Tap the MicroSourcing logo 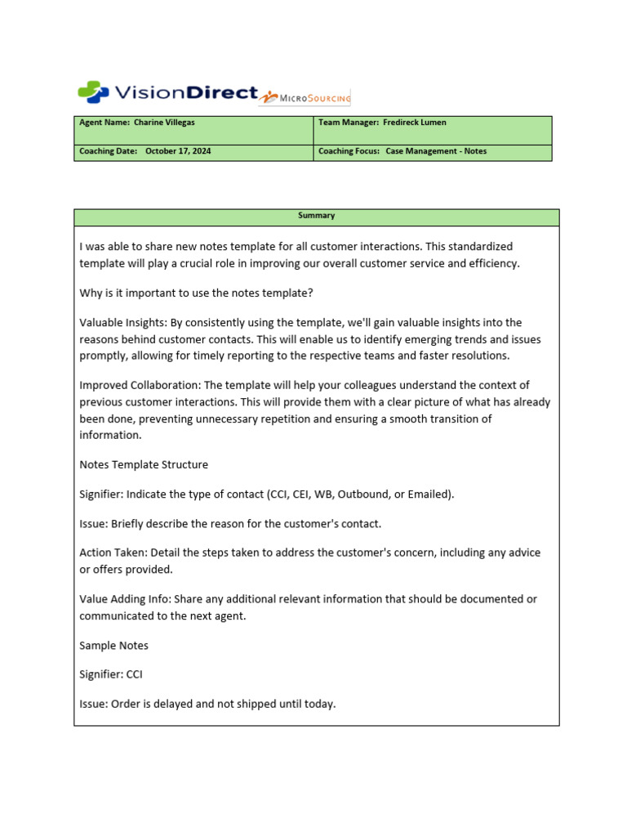pyautogui.click(x=305, y=97)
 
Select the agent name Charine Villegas pyautogui.click(x=164, y=123)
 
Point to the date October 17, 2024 pyautogui.click(x=178, y=151)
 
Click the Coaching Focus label pyautogui.click(x=349, y=151)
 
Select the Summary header pyautogui.click(x=316, y=216)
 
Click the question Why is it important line pyautogui.click(x=195, y=293)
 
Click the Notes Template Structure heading pyautogui.click(x=144, y=464)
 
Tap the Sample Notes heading pyautogui.click(x=113, y=645)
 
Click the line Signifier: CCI pyautogui.click(x=111, y=674)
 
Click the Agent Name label pyautogui.click(x=104, y=123)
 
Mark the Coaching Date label pyautogui.click(x=108, y=151)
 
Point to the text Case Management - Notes pyautogui.click(x=436, y=151)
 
